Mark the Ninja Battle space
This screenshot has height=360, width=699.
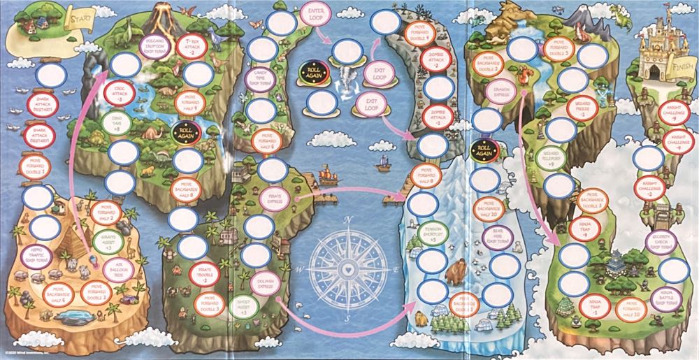point(660,298)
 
